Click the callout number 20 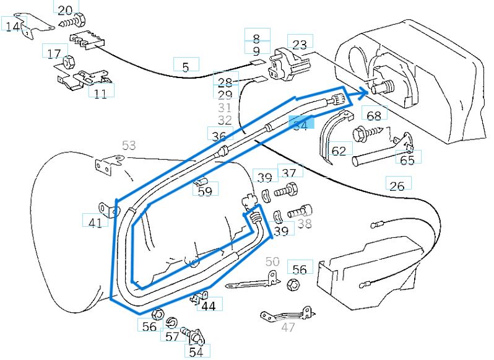pos(66,9)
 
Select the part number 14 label pos(14,26)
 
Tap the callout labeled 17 pos(54,53)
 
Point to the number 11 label pos(100,93)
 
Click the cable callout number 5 pos(185,67)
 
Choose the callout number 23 pos(300,45)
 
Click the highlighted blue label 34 pos(300,125)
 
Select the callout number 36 pos(219,136)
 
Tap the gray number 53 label pos(129,146)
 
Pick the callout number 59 pos(205,191)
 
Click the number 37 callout pos(289,173)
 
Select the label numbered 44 pos(209,305)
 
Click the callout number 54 pos(196,352)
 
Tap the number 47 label pos(288,327)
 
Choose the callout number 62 pos(339,151)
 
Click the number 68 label pos(374,116)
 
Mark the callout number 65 pos(407,160)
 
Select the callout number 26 pos(397,185)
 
